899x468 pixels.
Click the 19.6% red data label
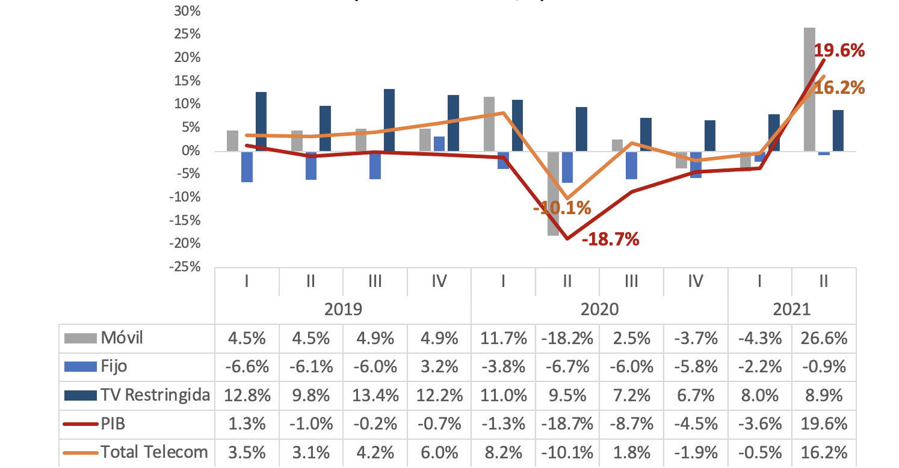[839, 51]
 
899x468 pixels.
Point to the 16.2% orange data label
[839, 88]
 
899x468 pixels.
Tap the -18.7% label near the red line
[610, 240]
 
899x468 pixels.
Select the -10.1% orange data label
[562, 209]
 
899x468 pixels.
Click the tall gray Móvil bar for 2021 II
[809, 89]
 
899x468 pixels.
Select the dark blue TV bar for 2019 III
[389, 120]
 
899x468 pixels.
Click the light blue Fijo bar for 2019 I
[247, 166]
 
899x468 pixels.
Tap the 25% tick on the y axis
[187, 34]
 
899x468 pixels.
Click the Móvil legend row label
[122, 338]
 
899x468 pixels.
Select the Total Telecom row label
[154, 452]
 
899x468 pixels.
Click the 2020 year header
[599, 309]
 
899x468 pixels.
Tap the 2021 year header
[791, 309]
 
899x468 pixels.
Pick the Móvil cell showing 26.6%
[824, 338]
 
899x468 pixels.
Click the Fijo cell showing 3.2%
[439, 366]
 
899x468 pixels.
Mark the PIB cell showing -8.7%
[631, 423]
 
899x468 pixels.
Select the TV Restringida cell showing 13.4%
[375, 395]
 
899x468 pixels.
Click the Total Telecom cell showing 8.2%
[502, 452]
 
